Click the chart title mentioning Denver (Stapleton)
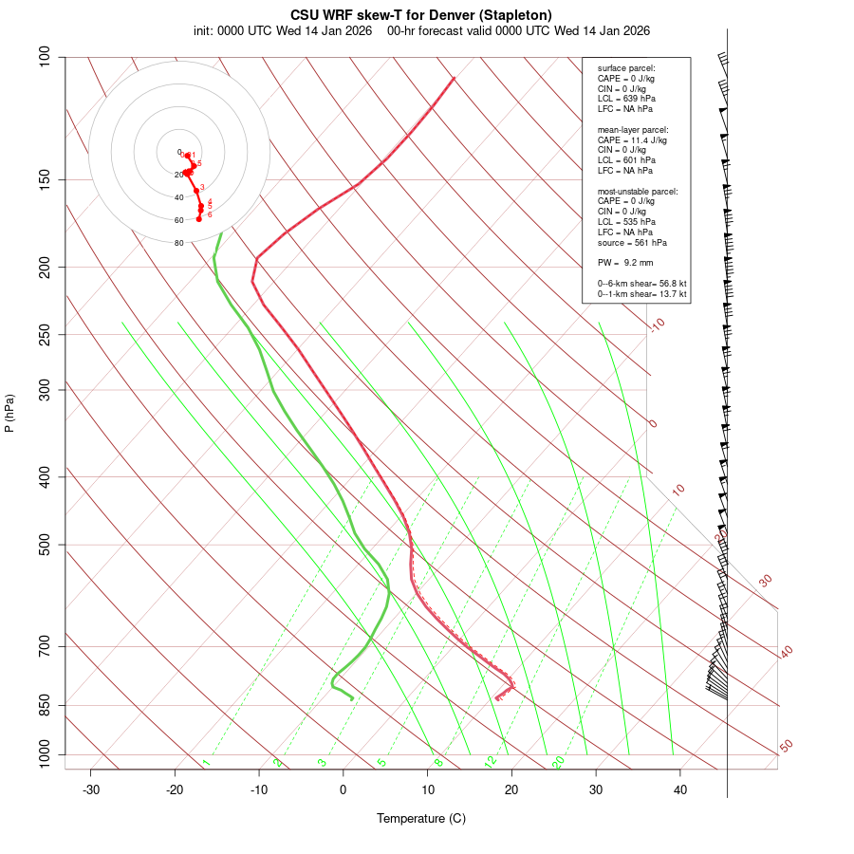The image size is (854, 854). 420,15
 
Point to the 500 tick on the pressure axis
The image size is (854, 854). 45,545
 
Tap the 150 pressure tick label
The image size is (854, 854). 45,179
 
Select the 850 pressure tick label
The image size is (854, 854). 45,705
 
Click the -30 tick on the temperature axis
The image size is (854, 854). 91,789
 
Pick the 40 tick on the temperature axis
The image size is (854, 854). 680,789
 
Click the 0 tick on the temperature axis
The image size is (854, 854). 343,789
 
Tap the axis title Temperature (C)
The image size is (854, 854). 421,818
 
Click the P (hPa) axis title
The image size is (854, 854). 9,414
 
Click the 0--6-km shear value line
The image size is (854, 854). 641,284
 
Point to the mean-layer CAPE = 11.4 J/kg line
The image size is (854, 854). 632,139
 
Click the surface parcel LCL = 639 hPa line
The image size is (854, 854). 626,99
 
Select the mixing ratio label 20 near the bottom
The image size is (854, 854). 558,762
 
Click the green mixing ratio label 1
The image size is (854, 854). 206,763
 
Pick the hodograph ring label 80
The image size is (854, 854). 178,243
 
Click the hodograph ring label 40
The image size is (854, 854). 178,197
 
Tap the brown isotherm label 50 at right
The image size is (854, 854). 786,746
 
